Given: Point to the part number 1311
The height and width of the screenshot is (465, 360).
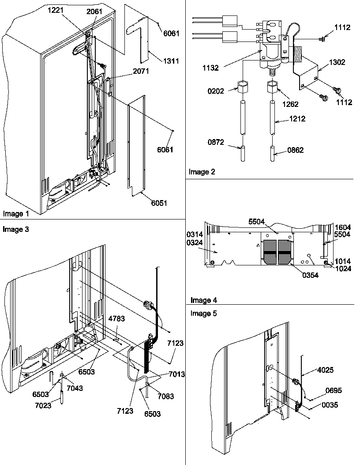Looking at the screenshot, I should pyautogui.click(x=170, y=61).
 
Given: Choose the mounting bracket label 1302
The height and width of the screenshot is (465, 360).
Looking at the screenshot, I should pyautogui.click(x=336, y=63).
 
